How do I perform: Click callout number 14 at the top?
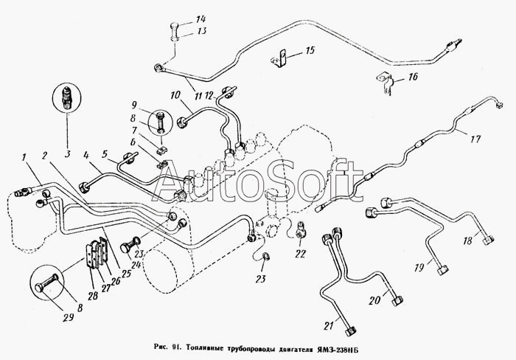point(201,19)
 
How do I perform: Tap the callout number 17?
point(475,139)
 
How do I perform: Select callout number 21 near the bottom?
point(329,326)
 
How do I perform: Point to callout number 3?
point(68,154)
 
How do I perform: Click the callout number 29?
point(68,317)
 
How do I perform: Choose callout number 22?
point(301,254)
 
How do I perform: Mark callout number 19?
point(419,268)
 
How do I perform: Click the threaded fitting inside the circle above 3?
point(67,97)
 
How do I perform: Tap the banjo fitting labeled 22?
point(301,230)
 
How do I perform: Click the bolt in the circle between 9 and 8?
point(161,122)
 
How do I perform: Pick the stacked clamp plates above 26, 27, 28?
point(97,253)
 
